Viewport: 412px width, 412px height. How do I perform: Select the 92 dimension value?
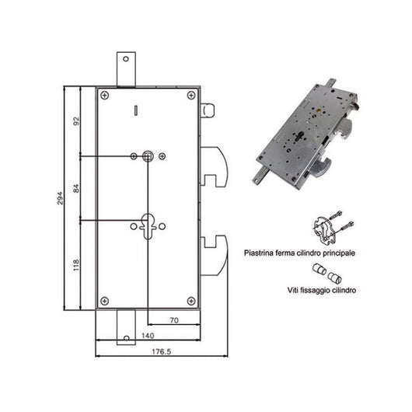pyautogui.click(x=75, y=122)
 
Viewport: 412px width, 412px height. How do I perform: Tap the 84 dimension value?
pyautogui.click(x=75, y=189)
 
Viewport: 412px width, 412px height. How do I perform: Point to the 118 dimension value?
pyautogui.click(x=75, y=267)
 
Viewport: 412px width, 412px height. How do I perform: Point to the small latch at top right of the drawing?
pyautogui.click(x=206, y=110)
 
